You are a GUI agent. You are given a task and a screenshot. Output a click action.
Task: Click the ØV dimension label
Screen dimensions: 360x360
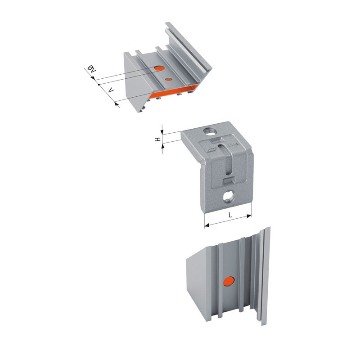[91, 69]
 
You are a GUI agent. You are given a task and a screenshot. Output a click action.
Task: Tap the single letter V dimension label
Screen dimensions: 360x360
[111, 90]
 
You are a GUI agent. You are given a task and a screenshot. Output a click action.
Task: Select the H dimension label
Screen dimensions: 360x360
[158, 139]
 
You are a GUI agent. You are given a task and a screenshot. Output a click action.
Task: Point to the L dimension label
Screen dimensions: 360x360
[230, 215]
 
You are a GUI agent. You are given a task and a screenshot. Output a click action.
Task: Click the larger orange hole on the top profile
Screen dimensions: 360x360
[159, 68]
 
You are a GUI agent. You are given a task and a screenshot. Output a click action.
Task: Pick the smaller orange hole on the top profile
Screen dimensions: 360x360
[169, 80]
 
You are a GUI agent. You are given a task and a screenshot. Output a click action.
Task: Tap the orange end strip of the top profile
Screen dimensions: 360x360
[173, 91]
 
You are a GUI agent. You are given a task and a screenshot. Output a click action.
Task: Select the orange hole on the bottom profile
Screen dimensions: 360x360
[229, 282]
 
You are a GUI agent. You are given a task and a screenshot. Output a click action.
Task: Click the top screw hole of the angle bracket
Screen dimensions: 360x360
[210, 132]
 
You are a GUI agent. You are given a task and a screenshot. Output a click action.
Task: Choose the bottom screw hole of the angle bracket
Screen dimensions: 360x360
[229, 196]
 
